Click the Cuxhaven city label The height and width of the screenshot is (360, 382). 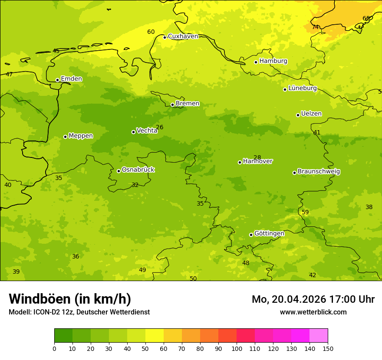click(183, 36)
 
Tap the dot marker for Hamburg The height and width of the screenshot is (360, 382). click(256, 62)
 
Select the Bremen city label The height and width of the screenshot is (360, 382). click(188, 104)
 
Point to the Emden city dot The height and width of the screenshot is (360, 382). click(57, 80)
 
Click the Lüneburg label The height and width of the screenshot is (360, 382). click(303, 88)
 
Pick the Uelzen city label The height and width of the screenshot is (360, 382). click(311, 114)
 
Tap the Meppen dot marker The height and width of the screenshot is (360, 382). click(65, 137)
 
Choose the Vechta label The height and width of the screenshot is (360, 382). click(147, 131)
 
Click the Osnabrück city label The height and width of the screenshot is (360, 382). click(138, 170)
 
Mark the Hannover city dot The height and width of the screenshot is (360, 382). click(240, 162)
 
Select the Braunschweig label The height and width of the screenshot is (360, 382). click(319, 172)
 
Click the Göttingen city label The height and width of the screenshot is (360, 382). click(269, 234)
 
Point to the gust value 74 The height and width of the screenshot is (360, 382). click(316, 27)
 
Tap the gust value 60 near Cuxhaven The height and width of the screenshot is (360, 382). click(151, 32)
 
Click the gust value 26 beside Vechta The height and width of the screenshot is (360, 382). click(159, 128)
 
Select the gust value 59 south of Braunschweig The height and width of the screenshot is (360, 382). click(305, 213)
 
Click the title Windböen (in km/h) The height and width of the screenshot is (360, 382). click(70, 299)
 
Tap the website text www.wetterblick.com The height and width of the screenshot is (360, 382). click(313, 312)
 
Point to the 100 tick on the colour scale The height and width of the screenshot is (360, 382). click(237, 349)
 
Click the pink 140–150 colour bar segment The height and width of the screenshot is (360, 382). click(319, 336)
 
